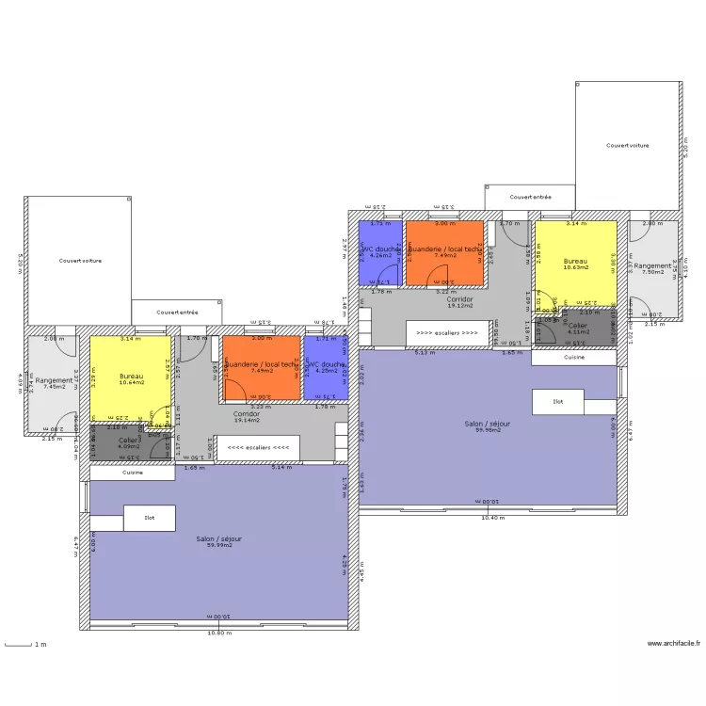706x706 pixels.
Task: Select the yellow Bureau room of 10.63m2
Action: click(575, 265)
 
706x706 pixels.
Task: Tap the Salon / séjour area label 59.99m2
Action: click(219, 542)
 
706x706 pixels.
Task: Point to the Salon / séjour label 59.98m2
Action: click(488, 426)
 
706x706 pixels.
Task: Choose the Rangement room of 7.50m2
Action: click(653, 268)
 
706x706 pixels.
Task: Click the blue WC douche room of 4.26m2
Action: click(380, 252)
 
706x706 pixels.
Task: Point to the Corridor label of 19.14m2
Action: click(247, 416)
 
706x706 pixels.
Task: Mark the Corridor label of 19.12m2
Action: click(460, 301)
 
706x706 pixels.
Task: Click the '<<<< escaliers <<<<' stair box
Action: click(258, 448)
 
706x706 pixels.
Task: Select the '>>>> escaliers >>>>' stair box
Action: click(448, 332)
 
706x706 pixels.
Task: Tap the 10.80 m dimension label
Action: click(218, 633)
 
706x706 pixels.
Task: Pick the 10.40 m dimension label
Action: click(492, 518)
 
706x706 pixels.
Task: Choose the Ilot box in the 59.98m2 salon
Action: click(557, 402)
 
